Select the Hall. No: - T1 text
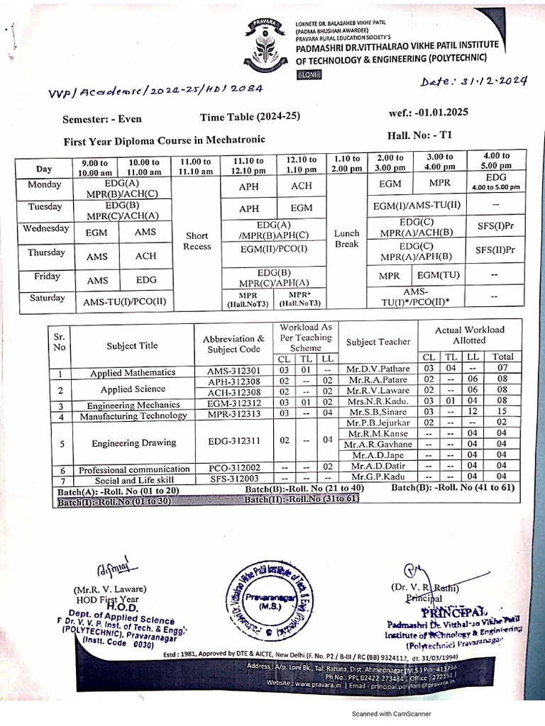(419, 135)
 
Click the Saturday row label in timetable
(47, 298)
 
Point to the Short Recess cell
(197, 241)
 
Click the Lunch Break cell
(346, 238)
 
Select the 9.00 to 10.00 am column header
(95, 167)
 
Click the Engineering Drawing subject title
(133, 442)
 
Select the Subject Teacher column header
(378, 342)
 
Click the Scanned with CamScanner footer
(392, 713)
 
